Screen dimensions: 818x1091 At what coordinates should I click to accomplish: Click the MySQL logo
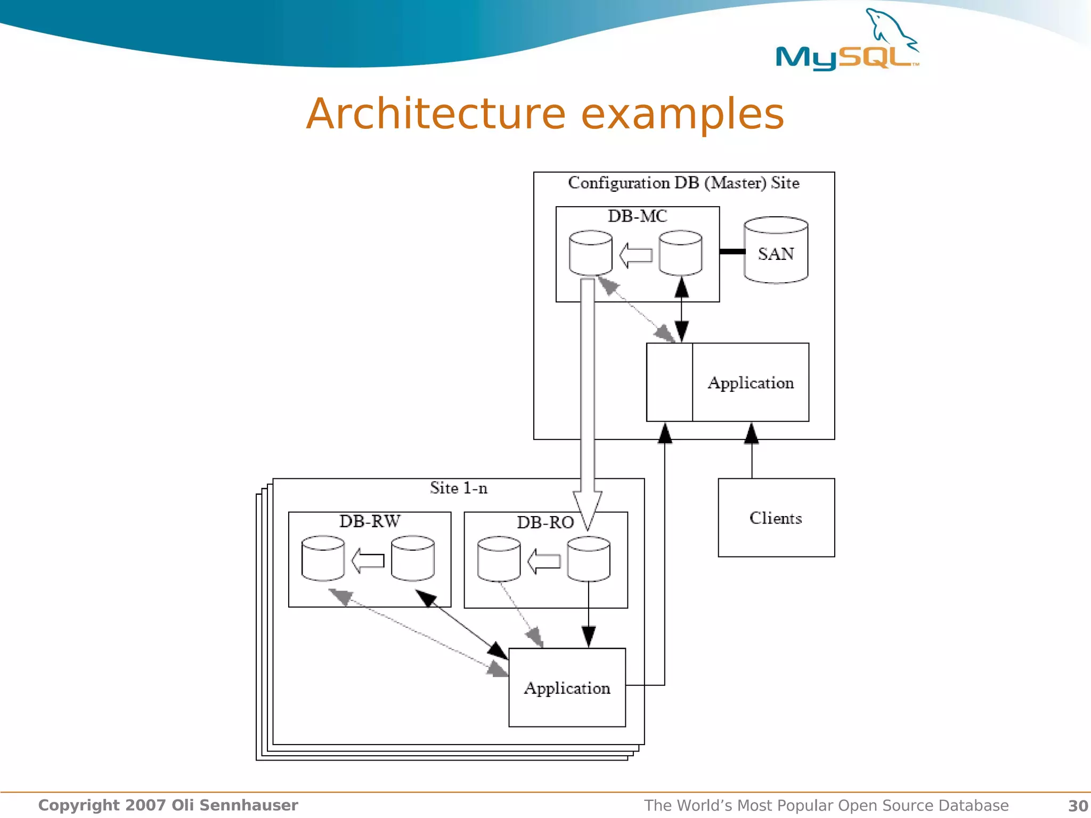point(847,43)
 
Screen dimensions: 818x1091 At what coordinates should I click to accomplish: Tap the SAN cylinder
point(776,250)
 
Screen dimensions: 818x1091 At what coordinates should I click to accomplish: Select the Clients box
point(776,518)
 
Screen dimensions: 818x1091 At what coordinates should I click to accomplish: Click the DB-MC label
point(637,216)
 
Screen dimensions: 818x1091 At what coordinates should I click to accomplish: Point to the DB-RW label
point(369,521)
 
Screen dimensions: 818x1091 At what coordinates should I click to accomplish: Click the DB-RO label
point(545,522)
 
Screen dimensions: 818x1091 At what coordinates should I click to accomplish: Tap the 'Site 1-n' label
point(458,488)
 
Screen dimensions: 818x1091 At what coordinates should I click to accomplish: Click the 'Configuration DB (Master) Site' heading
point(683,183)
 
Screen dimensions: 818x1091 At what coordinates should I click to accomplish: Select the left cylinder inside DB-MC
point(590,253)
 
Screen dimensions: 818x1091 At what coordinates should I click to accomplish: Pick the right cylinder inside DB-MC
point(680,253)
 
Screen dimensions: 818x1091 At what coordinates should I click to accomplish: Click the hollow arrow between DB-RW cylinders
point(368,561)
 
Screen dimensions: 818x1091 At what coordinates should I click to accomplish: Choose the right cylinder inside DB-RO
point(588,559)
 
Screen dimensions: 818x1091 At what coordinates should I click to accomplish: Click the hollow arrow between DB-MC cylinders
point(636,255)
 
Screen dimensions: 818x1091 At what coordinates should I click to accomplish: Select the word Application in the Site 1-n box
point(567,688)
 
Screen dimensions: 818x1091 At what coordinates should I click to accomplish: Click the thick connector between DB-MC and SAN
point(732,251)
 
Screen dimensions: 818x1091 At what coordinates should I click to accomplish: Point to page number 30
point(1078,806)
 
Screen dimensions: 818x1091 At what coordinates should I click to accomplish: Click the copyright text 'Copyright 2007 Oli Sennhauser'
point(168,805)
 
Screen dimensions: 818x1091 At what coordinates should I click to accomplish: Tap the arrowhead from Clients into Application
point(751,433)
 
